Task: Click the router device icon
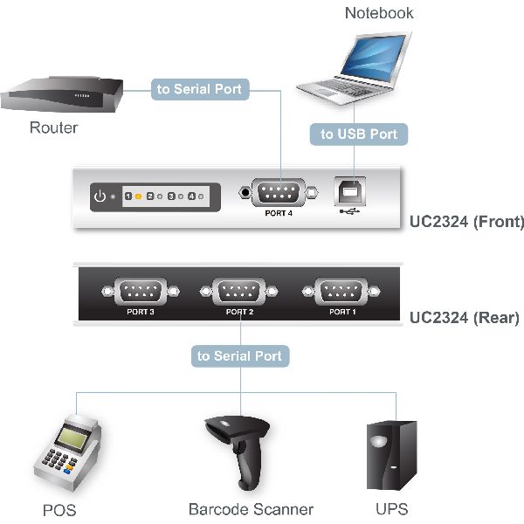pos(62,94)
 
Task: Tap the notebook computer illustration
pos(355,68)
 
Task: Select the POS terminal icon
pos(68,452)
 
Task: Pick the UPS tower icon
pos(391,455)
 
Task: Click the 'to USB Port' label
pos(359,134)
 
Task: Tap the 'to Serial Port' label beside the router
pos(200,89)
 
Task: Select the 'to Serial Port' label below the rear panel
pos(240,356)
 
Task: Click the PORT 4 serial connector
pos(279,192)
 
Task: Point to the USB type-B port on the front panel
pos(350,191)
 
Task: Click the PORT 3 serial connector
pos(141,292)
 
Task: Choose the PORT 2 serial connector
pos(239,292)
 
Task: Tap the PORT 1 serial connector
pos(341,292)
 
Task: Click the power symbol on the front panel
pos(100,196)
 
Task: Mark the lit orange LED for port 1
pos(138,196)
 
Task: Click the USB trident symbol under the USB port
pos(349,211)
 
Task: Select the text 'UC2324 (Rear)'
pos(465,318)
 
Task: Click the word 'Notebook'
pos(379,13)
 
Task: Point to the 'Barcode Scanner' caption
pos(251,509)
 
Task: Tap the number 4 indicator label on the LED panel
pos(191,196)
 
